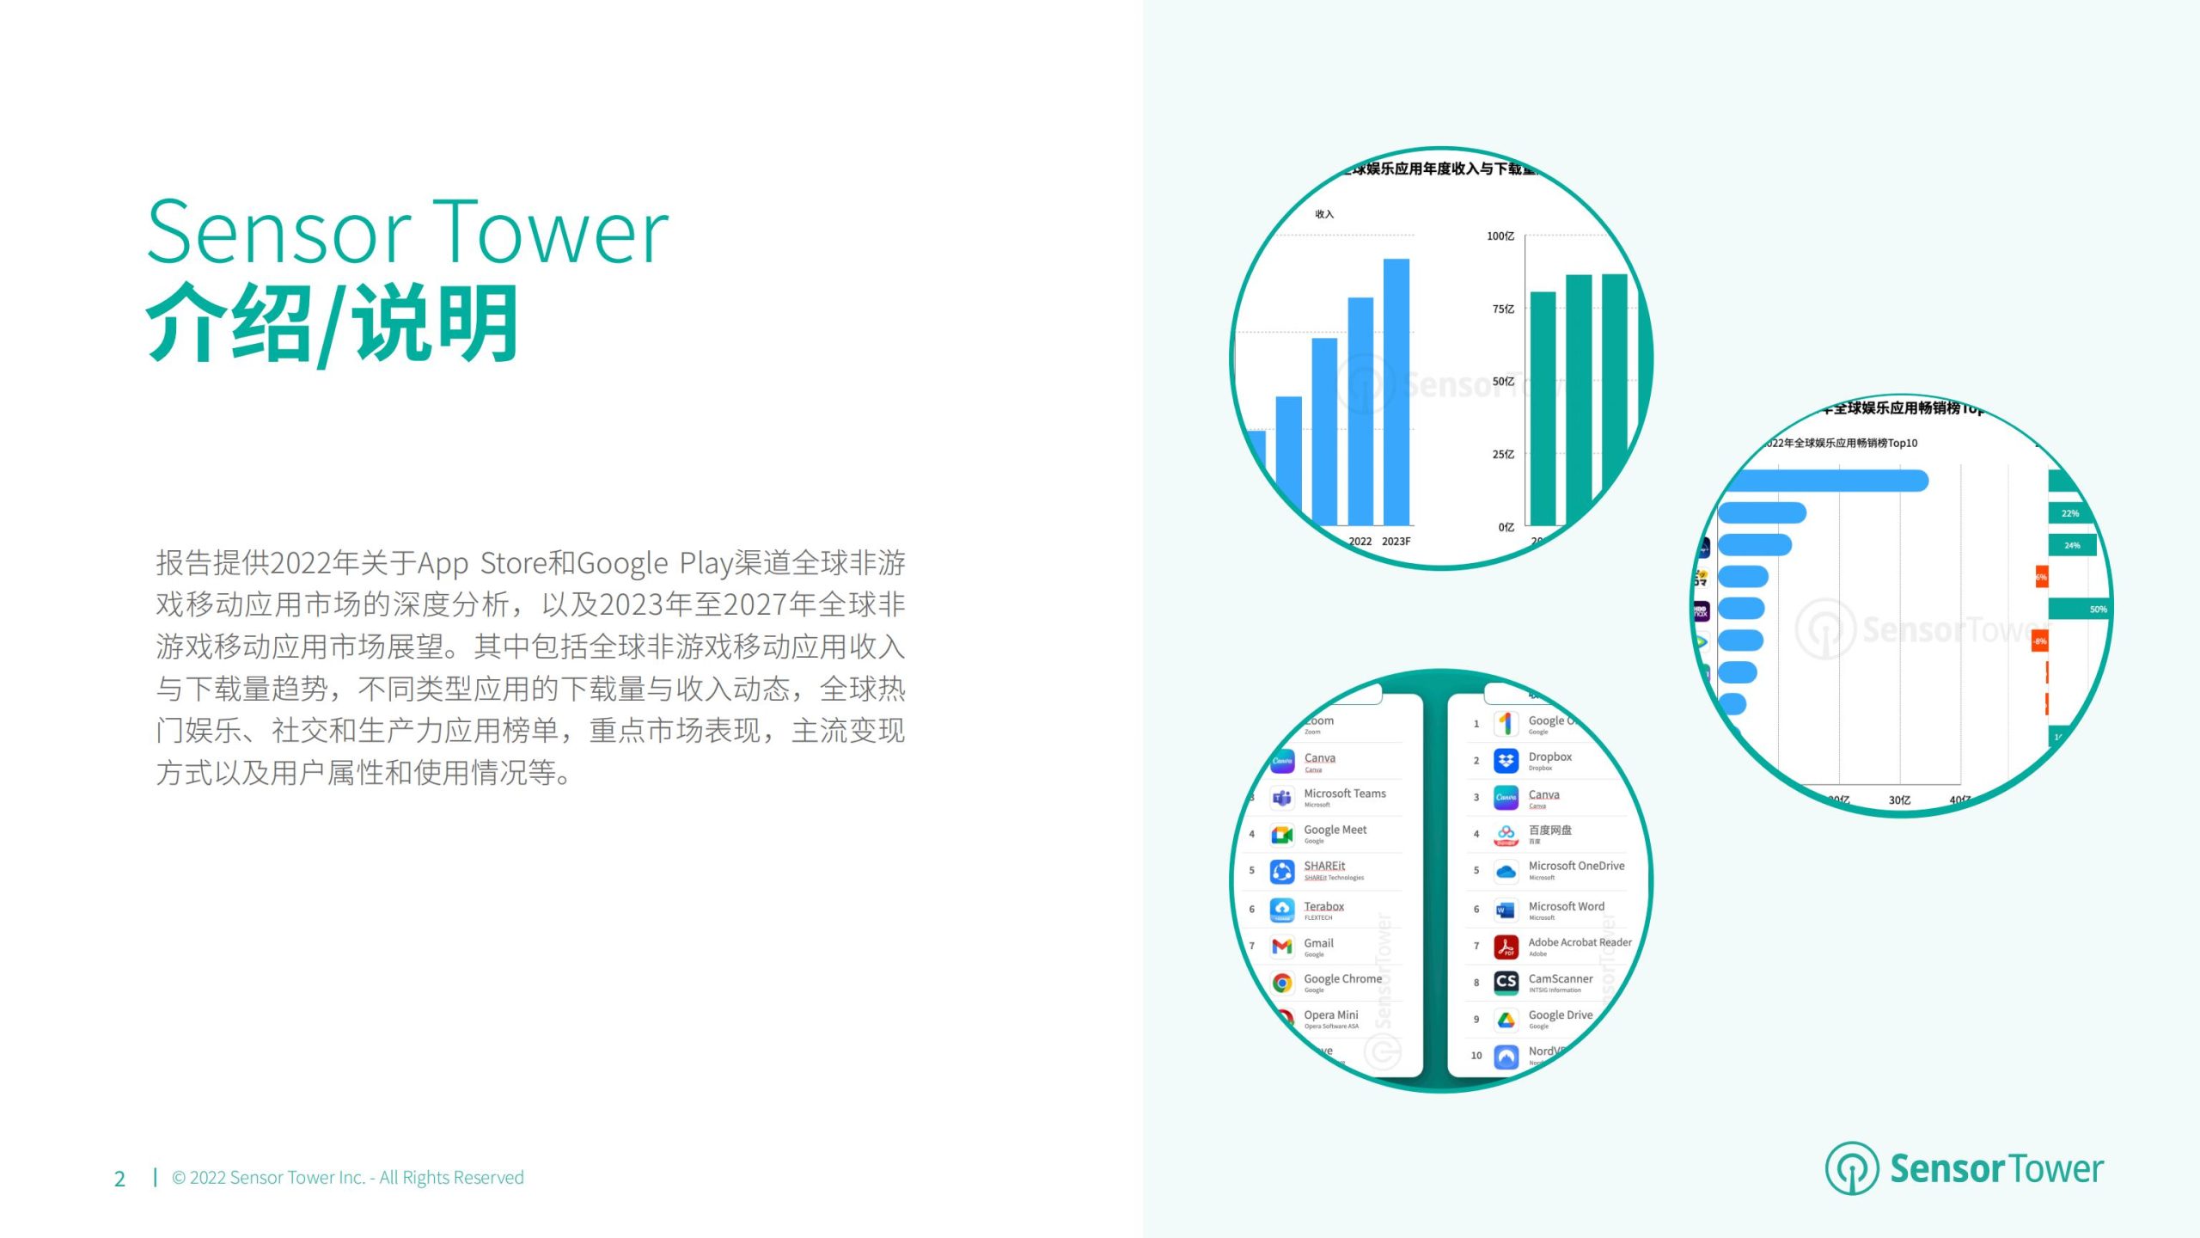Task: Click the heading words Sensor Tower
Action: pos(407,232)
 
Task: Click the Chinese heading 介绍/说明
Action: pos(333,325)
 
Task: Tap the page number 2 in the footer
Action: pos(119,1179)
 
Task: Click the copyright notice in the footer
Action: pos(347,1177)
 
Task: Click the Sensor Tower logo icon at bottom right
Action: pos(1851,1168)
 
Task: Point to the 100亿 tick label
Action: pos(1500,236)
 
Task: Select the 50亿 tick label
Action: pos(1502,381)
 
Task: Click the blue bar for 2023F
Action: pos(1396,391)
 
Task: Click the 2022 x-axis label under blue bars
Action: pos(1360,541)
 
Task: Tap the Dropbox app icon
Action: pos(1506,761)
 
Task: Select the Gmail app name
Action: pos(1318,943)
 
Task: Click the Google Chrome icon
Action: pos(1281,983)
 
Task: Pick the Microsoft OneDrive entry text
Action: pos(1576,866)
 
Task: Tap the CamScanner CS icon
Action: pos(1506,982)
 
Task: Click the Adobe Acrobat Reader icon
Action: pos(1506,947)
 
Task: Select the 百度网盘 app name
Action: pos(1549,830)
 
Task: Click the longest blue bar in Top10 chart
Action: pos(1826,481)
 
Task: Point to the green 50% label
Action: pos(2098,610)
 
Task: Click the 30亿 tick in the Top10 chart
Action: pos(1899,800)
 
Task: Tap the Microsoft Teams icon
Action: pos(1281,798)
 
